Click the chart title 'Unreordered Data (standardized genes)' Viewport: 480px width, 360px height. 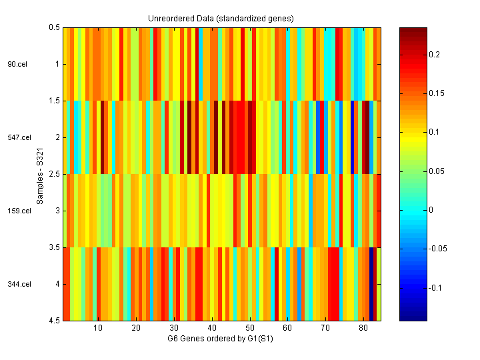pos(221,18)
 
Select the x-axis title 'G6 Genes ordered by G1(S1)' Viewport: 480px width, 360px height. pos(221,338)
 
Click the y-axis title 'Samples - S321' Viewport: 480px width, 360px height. pos(41,175)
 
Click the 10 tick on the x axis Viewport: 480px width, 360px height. pos(98,328)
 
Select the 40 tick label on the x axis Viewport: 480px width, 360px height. pos(212,328)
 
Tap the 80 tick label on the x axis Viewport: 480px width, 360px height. pos(363,328)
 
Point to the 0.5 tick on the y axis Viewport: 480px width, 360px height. pos(54,28)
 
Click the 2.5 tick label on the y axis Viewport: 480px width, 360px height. pos(54,175)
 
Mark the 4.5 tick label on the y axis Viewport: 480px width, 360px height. pos(54,321)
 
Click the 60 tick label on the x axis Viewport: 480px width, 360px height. pos(287,328)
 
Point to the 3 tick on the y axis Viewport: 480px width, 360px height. pos(57,211)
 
